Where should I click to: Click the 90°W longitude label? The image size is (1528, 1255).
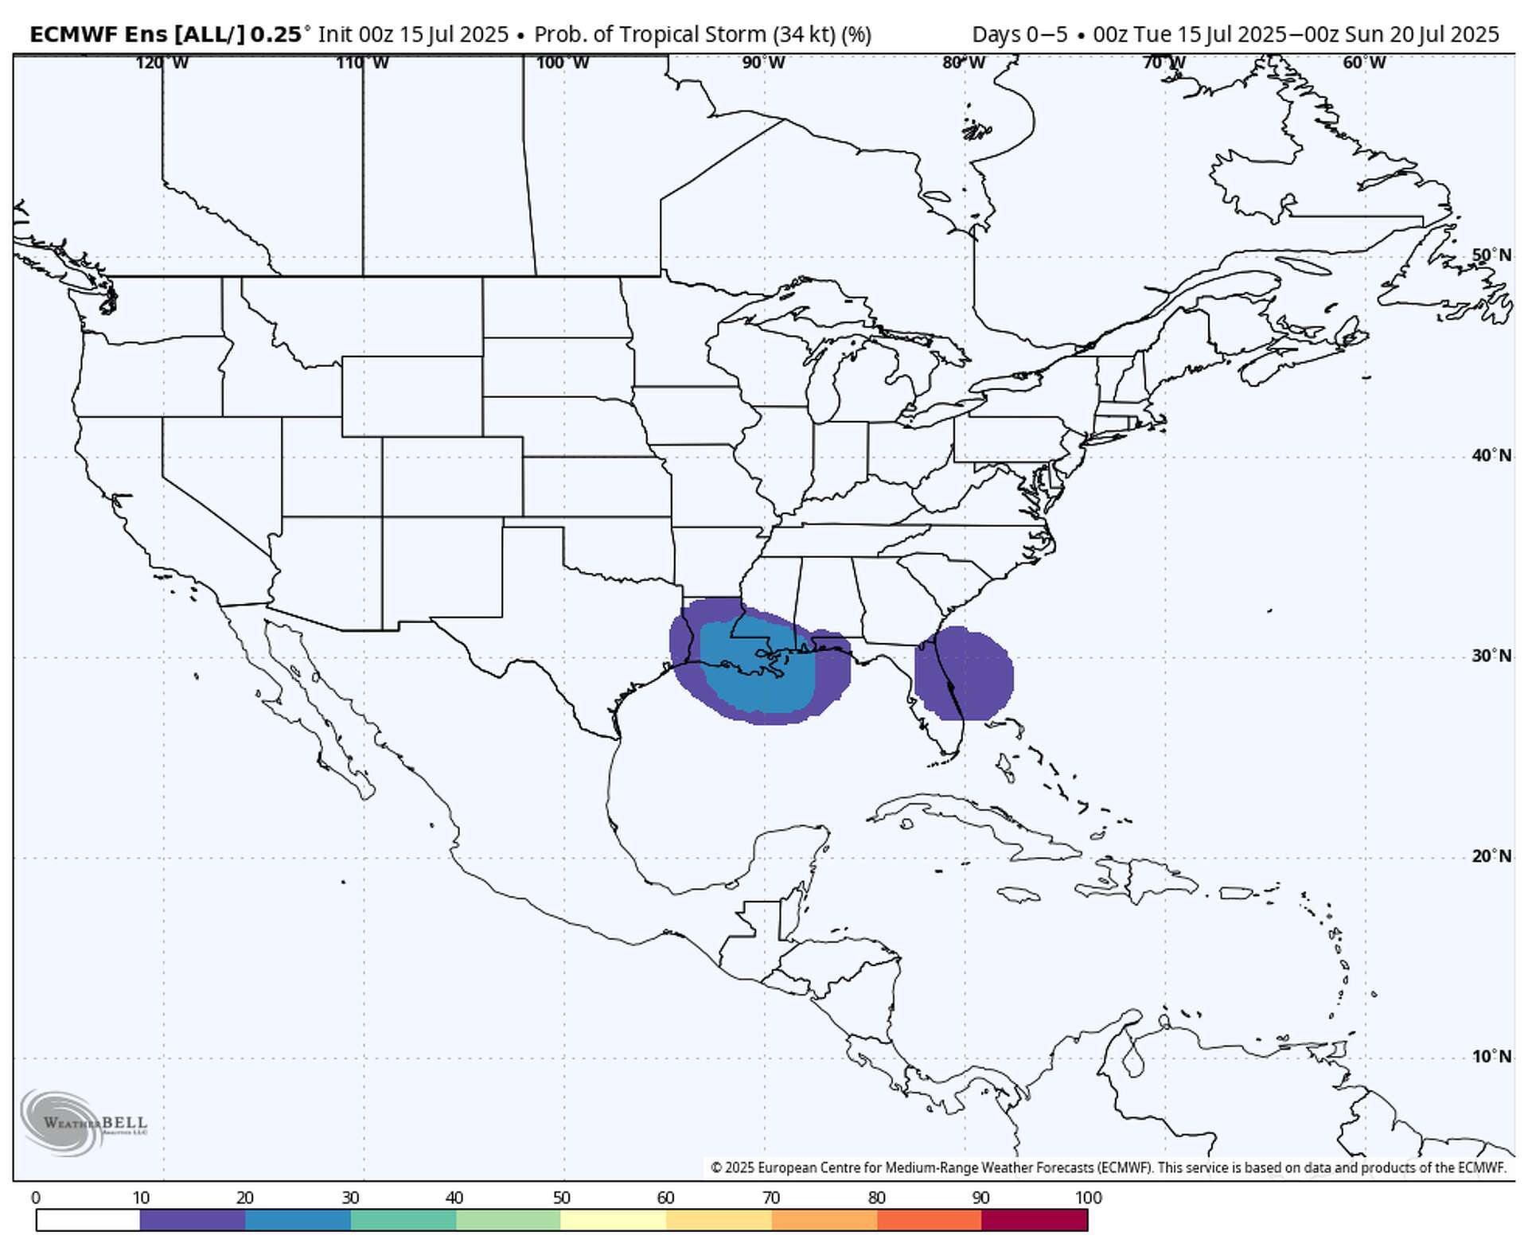763,63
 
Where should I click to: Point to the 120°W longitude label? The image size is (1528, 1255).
162,63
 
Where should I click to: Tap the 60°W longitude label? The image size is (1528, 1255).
1363,63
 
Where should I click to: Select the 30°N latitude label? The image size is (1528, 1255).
1491,656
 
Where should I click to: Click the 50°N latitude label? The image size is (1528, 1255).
1491,255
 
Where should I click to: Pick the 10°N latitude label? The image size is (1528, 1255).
1491,1057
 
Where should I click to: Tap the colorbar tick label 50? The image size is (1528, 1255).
561,1198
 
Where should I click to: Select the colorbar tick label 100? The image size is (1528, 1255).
1088,1198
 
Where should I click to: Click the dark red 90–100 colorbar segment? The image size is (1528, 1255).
1035,1219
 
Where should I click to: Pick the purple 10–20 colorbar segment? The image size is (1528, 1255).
193,1219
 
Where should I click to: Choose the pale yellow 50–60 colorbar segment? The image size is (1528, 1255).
613,1219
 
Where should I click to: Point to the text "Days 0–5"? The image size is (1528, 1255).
1019,35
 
